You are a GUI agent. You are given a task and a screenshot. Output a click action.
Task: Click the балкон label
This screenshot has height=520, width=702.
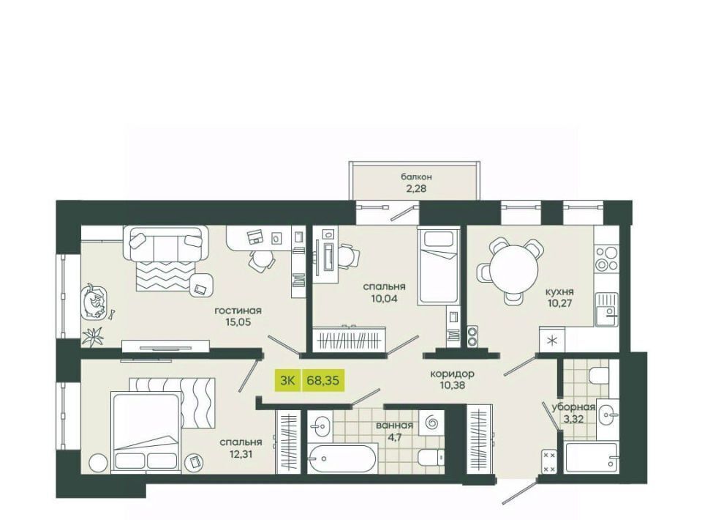coord(416,177)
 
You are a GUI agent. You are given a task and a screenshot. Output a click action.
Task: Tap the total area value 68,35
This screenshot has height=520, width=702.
coord(322,381)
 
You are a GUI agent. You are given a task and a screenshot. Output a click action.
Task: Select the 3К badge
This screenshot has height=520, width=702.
coord(287,381)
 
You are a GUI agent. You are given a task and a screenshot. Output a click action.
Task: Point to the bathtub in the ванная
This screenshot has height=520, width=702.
coord(342,458)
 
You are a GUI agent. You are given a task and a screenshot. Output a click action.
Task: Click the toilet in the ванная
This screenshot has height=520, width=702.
coord(431,458)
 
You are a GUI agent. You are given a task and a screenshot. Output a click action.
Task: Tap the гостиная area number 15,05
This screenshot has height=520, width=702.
coord(238,322)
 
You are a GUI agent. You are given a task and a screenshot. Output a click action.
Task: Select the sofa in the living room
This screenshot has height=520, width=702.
coord(166,243)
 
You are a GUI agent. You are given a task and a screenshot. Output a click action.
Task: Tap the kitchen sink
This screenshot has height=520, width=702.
coord(607,309)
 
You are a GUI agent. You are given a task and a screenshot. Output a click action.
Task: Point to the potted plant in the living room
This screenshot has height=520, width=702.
coord(93,335)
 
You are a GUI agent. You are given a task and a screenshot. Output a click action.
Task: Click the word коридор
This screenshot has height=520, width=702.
coord(452,374)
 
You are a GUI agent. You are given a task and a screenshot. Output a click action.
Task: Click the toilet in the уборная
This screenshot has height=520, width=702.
coord(599,376)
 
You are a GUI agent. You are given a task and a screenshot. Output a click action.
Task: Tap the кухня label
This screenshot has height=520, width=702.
coord(559,291)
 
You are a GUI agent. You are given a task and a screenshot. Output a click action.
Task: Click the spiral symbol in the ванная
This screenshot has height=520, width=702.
coord(431,423)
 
